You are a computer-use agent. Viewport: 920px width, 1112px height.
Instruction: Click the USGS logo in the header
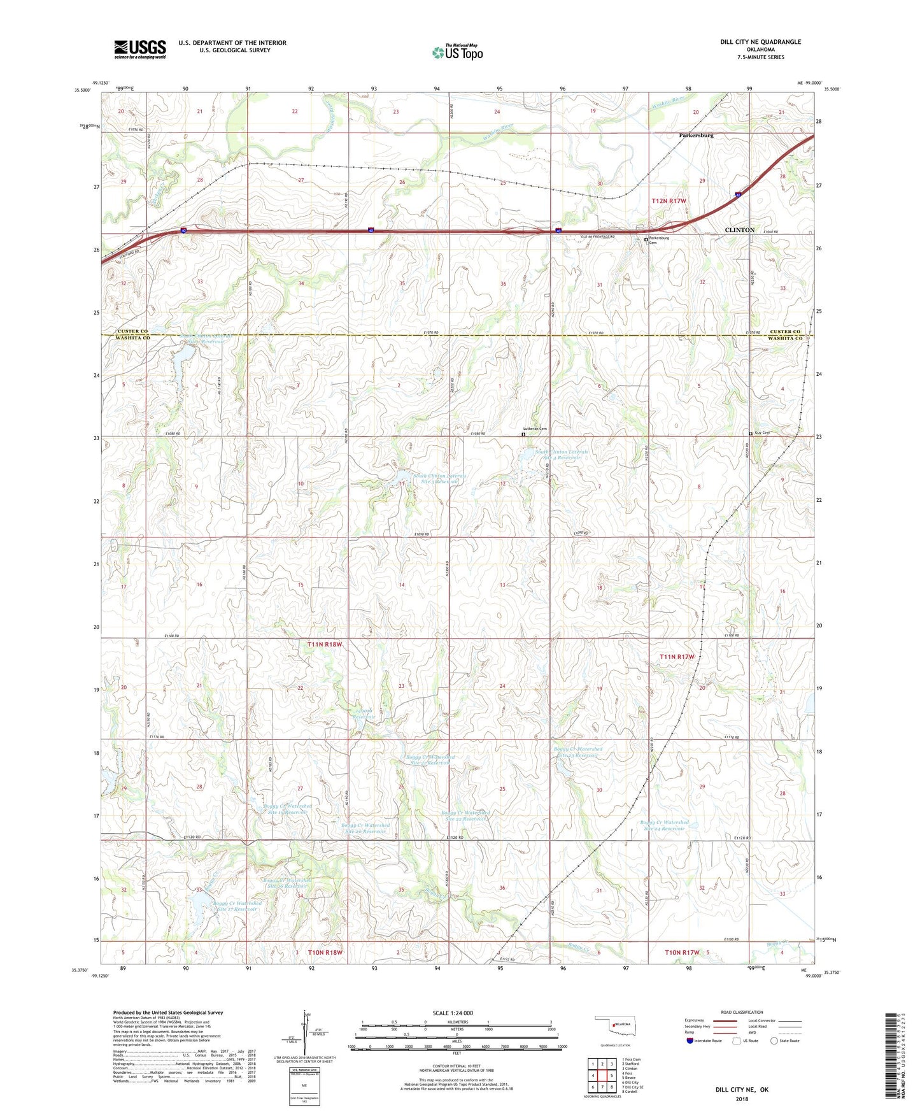coord(139,48)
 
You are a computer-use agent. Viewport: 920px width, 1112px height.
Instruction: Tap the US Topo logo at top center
coord(457,52)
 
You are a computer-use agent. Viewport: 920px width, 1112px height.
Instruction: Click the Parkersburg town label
coord(696,136)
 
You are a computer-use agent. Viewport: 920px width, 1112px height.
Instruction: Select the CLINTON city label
coord(739,230)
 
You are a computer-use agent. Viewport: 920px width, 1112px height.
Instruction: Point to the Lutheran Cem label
coord(535,429)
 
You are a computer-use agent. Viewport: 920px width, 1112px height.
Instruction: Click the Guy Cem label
coord(761,433)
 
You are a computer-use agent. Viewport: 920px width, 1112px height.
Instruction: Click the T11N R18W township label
coord(325,645)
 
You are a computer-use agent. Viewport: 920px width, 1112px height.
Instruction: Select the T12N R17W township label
coord(669,201)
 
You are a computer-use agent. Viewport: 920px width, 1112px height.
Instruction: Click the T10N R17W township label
coord(682,952)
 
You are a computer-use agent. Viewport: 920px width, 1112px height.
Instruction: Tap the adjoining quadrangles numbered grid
coord(602,1076)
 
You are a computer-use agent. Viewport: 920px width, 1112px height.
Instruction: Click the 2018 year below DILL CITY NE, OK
coord(742,1099)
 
